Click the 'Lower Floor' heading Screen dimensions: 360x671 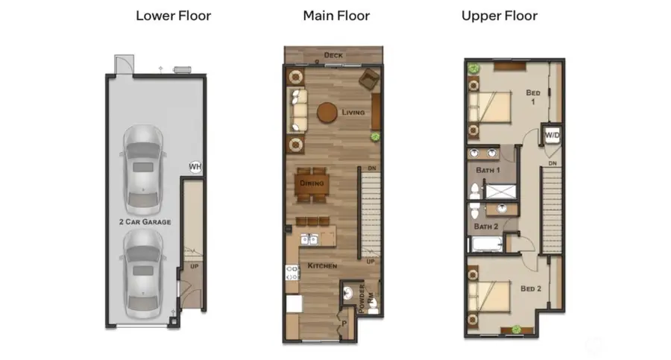173,16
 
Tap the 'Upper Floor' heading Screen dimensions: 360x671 499,16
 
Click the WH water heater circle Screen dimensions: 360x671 195,167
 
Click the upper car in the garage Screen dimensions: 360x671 143,167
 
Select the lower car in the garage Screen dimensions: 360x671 143,269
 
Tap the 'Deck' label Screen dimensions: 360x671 333,56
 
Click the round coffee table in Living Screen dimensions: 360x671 327,113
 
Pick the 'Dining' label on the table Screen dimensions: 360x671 311,183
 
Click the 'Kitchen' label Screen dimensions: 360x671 322,266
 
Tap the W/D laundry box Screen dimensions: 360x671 552,135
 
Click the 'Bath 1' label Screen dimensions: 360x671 488,171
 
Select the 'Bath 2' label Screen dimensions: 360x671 486,226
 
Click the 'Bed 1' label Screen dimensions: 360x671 532,98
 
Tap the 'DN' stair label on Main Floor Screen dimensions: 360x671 371,170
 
